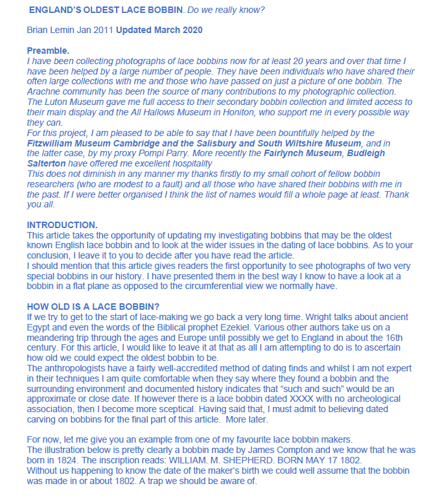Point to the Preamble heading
coord(49,51)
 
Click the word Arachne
coord(45,91)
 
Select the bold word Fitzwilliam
coord(53,143)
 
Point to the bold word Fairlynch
coord(282,153)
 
